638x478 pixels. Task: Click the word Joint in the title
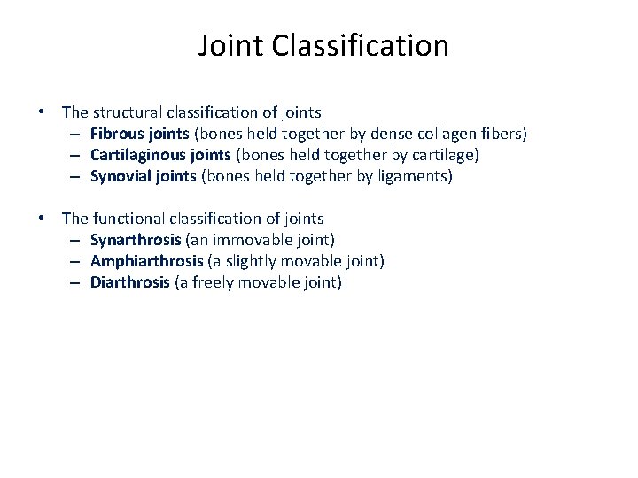[x=229, y=45]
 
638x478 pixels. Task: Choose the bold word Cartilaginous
[x=135, y=155]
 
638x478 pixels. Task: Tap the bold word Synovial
[x=120, y=176]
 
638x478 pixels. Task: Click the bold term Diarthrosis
[x=129, y=282]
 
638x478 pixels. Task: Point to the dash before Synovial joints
[x=78, y=177]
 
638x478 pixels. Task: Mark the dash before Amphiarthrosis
[x=78, y=262]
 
